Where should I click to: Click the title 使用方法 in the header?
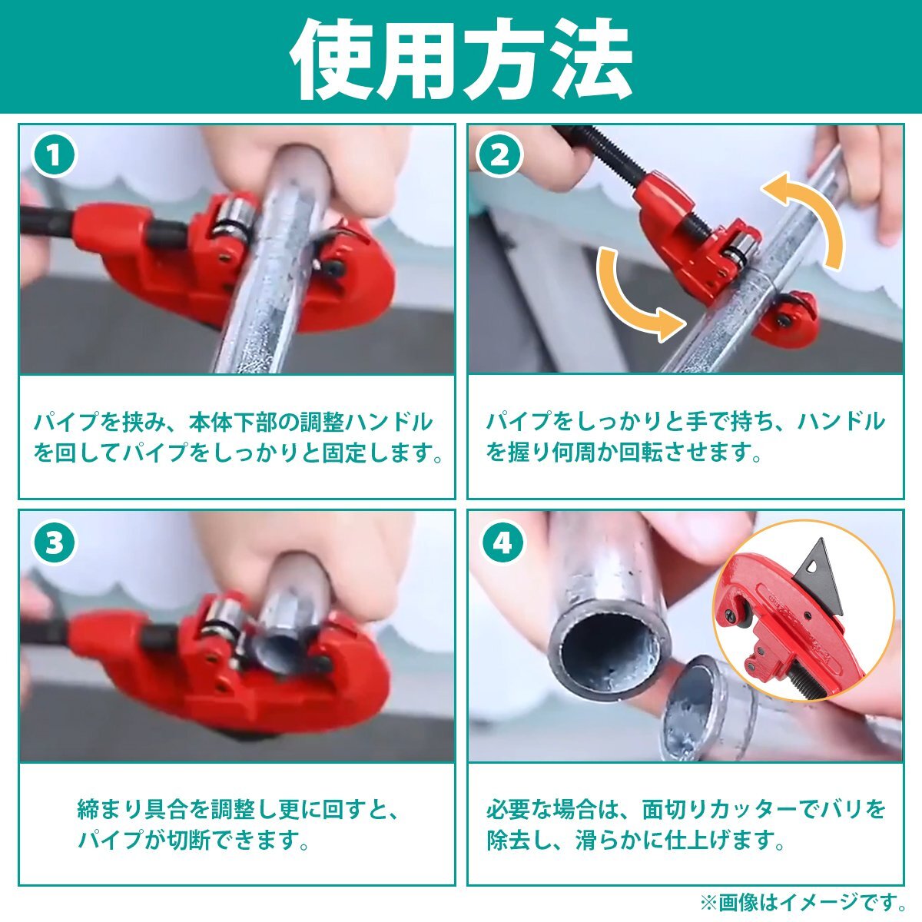[461, 58]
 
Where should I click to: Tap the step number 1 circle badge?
[54, 155]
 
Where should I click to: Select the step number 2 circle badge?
[501, 155]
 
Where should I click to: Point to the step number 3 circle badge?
[54, 543]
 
